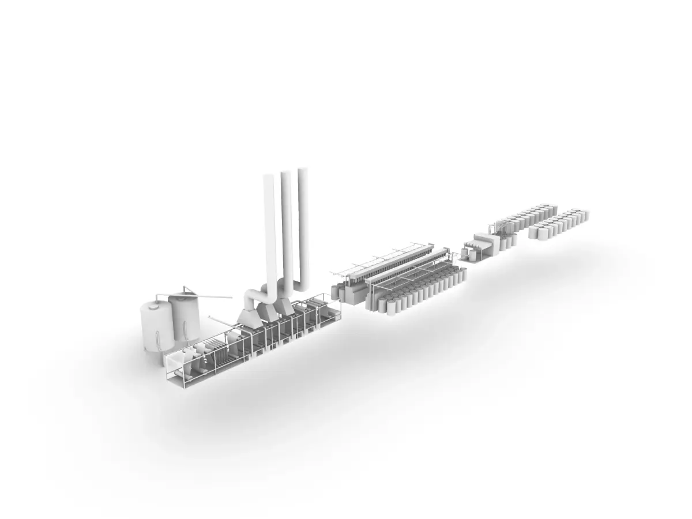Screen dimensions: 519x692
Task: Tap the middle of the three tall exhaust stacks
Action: click(x=286, y=225)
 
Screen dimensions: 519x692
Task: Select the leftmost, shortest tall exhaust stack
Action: click(x=269, y=231)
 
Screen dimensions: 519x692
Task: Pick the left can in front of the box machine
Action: click(x=465, y=253)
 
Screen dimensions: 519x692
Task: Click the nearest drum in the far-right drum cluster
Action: click(x=534, y=233)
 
